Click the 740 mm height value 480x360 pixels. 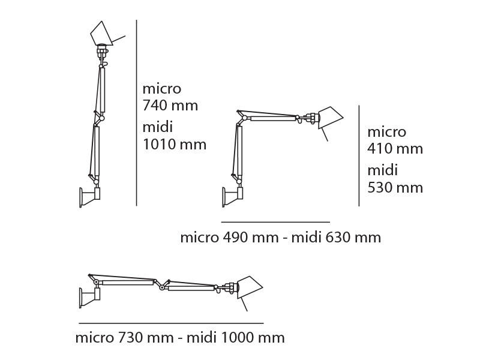point(170,106)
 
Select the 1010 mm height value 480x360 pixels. point(174,144)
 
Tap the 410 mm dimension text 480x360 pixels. point(395,148)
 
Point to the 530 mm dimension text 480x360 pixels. point(395,187)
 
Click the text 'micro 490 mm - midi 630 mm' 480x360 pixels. point(280,237)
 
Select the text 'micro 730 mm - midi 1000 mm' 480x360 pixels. point(179,337)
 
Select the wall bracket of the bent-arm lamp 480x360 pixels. point(233,196)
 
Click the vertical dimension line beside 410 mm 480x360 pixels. point(359,156)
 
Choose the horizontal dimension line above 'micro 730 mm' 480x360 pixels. point(171,323)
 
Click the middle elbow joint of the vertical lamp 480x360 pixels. point(101,118)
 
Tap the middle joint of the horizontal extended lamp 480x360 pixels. point(161,286)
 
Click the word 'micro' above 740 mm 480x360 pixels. point(161,89)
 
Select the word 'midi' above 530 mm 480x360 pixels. point(382,170)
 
